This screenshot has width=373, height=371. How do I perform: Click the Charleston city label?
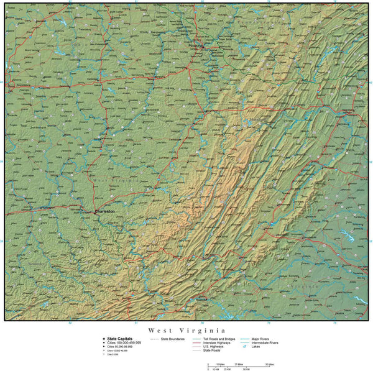click(x=106, y=211)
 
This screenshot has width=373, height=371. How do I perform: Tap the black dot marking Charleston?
click(x=94, y=212)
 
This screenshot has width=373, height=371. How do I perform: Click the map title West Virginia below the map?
click(x=186, y=331)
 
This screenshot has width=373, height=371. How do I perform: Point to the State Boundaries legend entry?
click(x=172, y=339)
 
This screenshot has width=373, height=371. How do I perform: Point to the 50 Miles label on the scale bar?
click(x=270, y=364)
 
